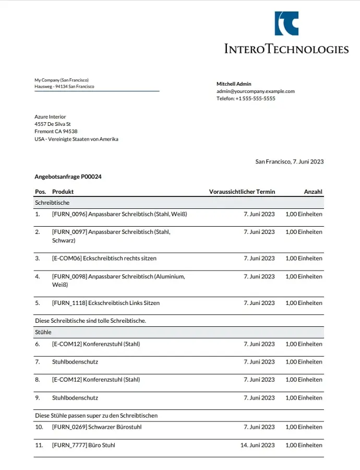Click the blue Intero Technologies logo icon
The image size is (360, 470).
[x=286, y=23]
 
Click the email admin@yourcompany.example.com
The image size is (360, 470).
[x=256, y=91]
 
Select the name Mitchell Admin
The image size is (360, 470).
[x=234, y=84]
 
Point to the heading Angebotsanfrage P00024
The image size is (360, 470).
[x=68, y=177]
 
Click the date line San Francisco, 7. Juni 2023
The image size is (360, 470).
[x=289, y=161]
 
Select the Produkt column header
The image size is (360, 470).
[x=63, y=192]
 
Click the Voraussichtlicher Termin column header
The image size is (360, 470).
[x=242, y=192]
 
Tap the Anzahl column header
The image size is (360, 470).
[x=313, y=192]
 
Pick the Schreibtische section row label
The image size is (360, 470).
[x=52, y=202]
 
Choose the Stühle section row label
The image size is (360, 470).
[x=43, y=332]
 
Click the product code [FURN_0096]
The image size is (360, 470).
[x=69, y=214]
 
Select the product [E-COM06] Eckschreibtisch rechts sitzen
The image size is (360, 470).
[x=104, y=258]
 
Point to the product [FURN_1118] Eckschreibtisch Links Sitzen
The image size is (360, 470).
[x=106, y=303]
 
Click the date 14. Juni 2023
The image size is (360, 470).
[x=257, y=445]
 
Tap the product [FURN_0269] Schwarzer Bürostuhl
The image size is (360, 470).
[x=97, y=427]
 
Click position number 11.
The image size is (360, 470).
[x=39, y=445]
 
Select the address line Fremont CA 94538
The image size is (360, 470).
[x=56, y=132]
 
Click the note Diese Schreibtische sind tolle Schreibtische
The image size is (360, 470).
[x=90, y=321]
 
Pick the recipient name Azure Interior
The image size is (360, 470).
[x=50, y=117]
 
